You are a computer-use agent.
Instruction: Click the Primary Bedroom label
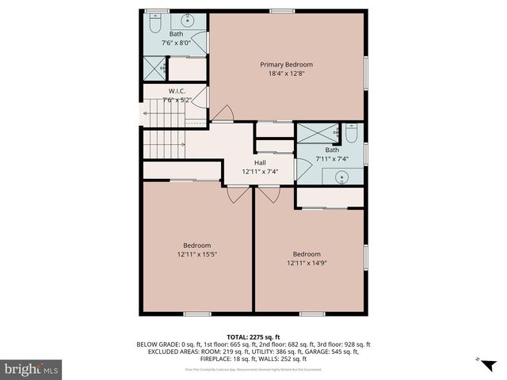click(x=287, y=64)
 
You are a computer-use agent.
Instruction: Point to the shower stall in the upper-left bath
click(x=154, y=69)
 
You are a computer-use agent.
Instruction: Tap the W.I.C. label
click(x=177, y=90)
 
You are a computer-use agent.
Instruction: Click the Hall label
click(x=259, y=161)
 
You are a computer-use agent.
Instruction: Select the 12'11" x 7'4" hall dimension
click(x=259, y=173)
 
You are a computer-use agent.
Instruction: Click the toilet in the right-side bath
click(x=354, y=135)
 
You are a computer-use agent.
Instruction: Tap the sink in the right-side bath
click(x=341, y=177)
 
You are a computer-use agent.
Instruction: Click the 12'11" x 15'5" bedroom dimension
click(x=196, y=254)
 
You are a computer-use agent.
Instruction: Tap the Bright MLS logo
click(x=32, y=368)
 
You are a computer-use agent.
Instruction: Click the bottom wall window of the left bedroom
click(x=196, y=313)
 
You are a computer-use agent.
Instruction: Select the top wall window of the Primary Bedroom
click(x=280, y=10)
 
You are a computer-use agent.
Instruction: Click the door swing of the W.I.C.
click(x=201, y=98)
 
